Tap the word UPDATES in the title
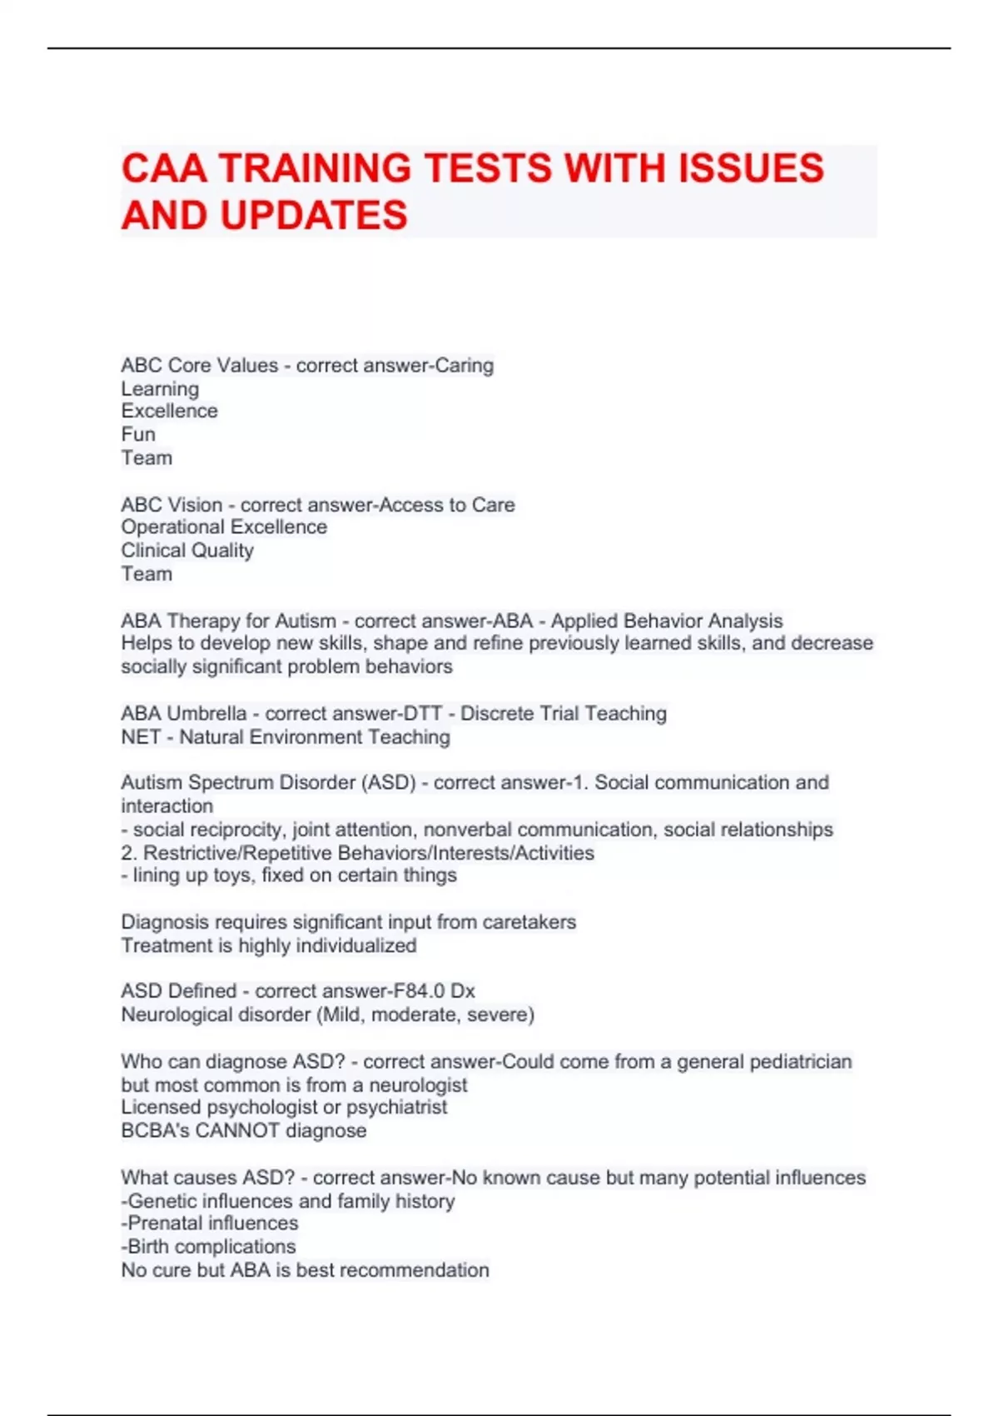[313, 216]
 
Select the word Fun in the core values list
[138, 435]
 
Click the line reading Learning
[160, 389]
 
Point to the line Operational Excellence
[224, 527]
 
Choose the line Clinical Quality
[187, 551]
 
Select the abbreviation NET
[140, 737]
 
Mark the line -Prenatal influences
[210, 1224]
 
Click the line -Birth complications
[208, 1247]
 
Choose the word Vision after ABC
[195, 506]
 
